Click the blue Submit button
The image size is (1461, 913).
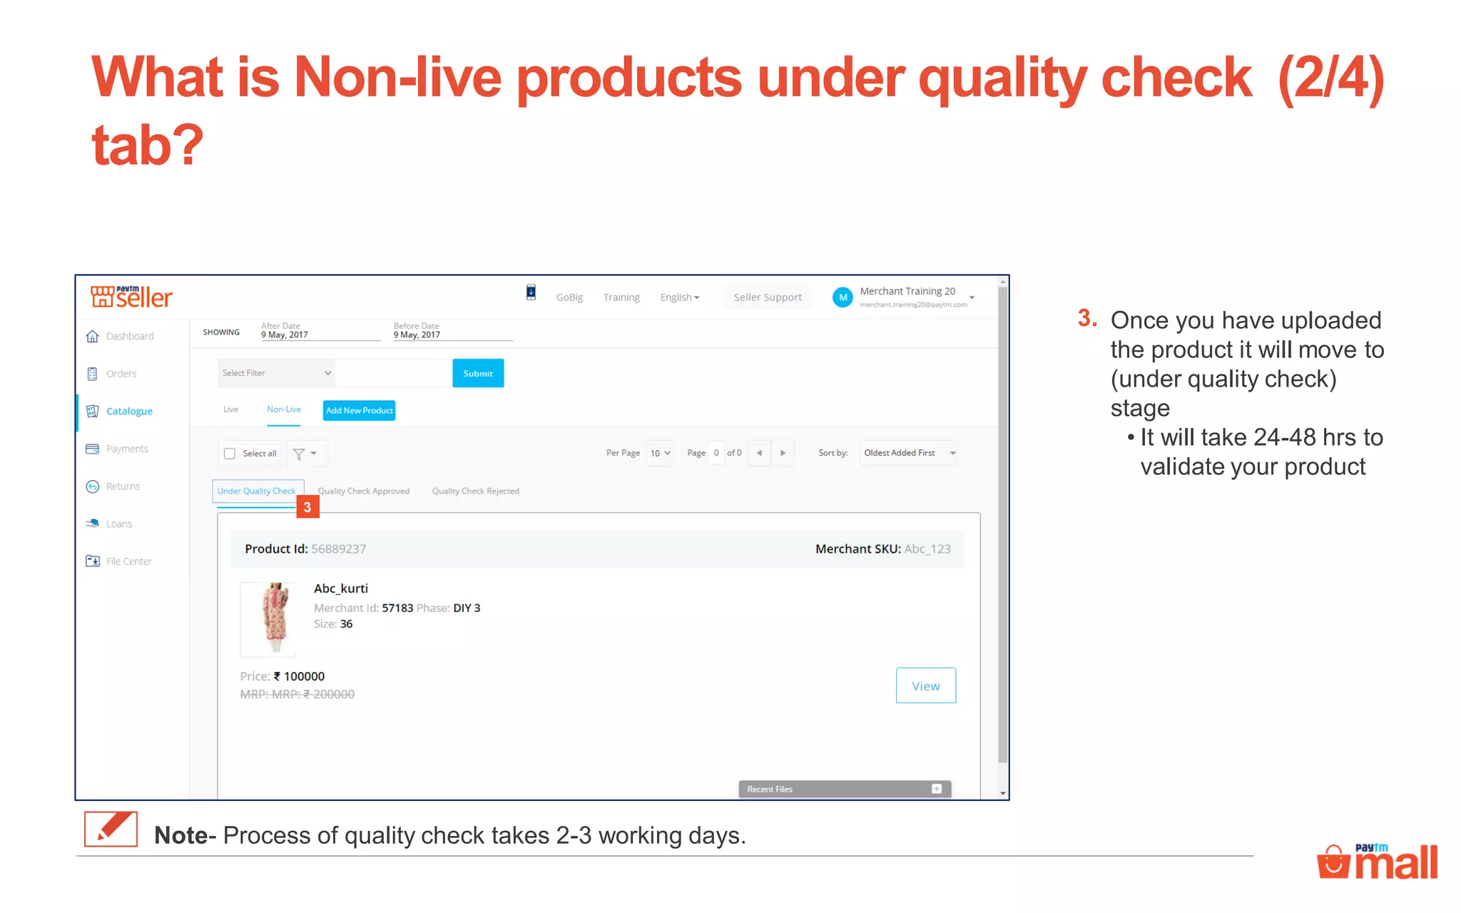tap(478, 373)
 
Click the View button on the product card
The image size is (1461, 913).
tap(925, 685)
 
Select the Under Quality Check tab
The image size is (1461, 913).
tap(257, 491)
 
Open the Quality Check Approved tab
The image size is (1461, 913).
tap(364, 491)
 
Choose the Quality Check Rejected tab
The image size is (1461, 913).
tap(475, 491)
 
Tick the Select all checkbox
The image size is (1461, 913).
tap(230, 454)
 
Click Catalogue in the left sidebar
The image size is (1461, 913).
tap(129, 411)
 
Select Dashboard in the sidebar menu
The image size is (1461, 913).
tap(129, 336)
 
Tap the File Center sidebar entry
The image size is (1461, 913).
tap(128, 561)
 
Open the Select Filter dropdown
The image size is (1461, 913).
tap(276, 373)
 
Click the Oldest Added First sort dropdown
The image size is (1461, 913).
tap(908, 453)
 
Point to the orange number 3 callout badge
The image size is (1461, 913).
tap(307, 507)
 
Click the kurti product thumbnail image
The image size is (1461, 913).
tap(270, 618)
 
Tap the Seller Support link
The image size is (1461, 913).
tap(768, 297)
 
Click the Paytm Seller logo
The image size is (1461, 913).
tap(132, 296)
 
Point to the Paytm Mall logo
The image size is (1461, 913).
tap(1377, 861)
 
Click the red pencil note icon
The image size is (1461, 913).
tap(111, 829)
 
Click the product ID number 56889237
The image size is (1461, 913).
tap(338, 549)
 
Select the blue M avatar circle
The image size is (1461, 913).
tap(843, 297)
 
